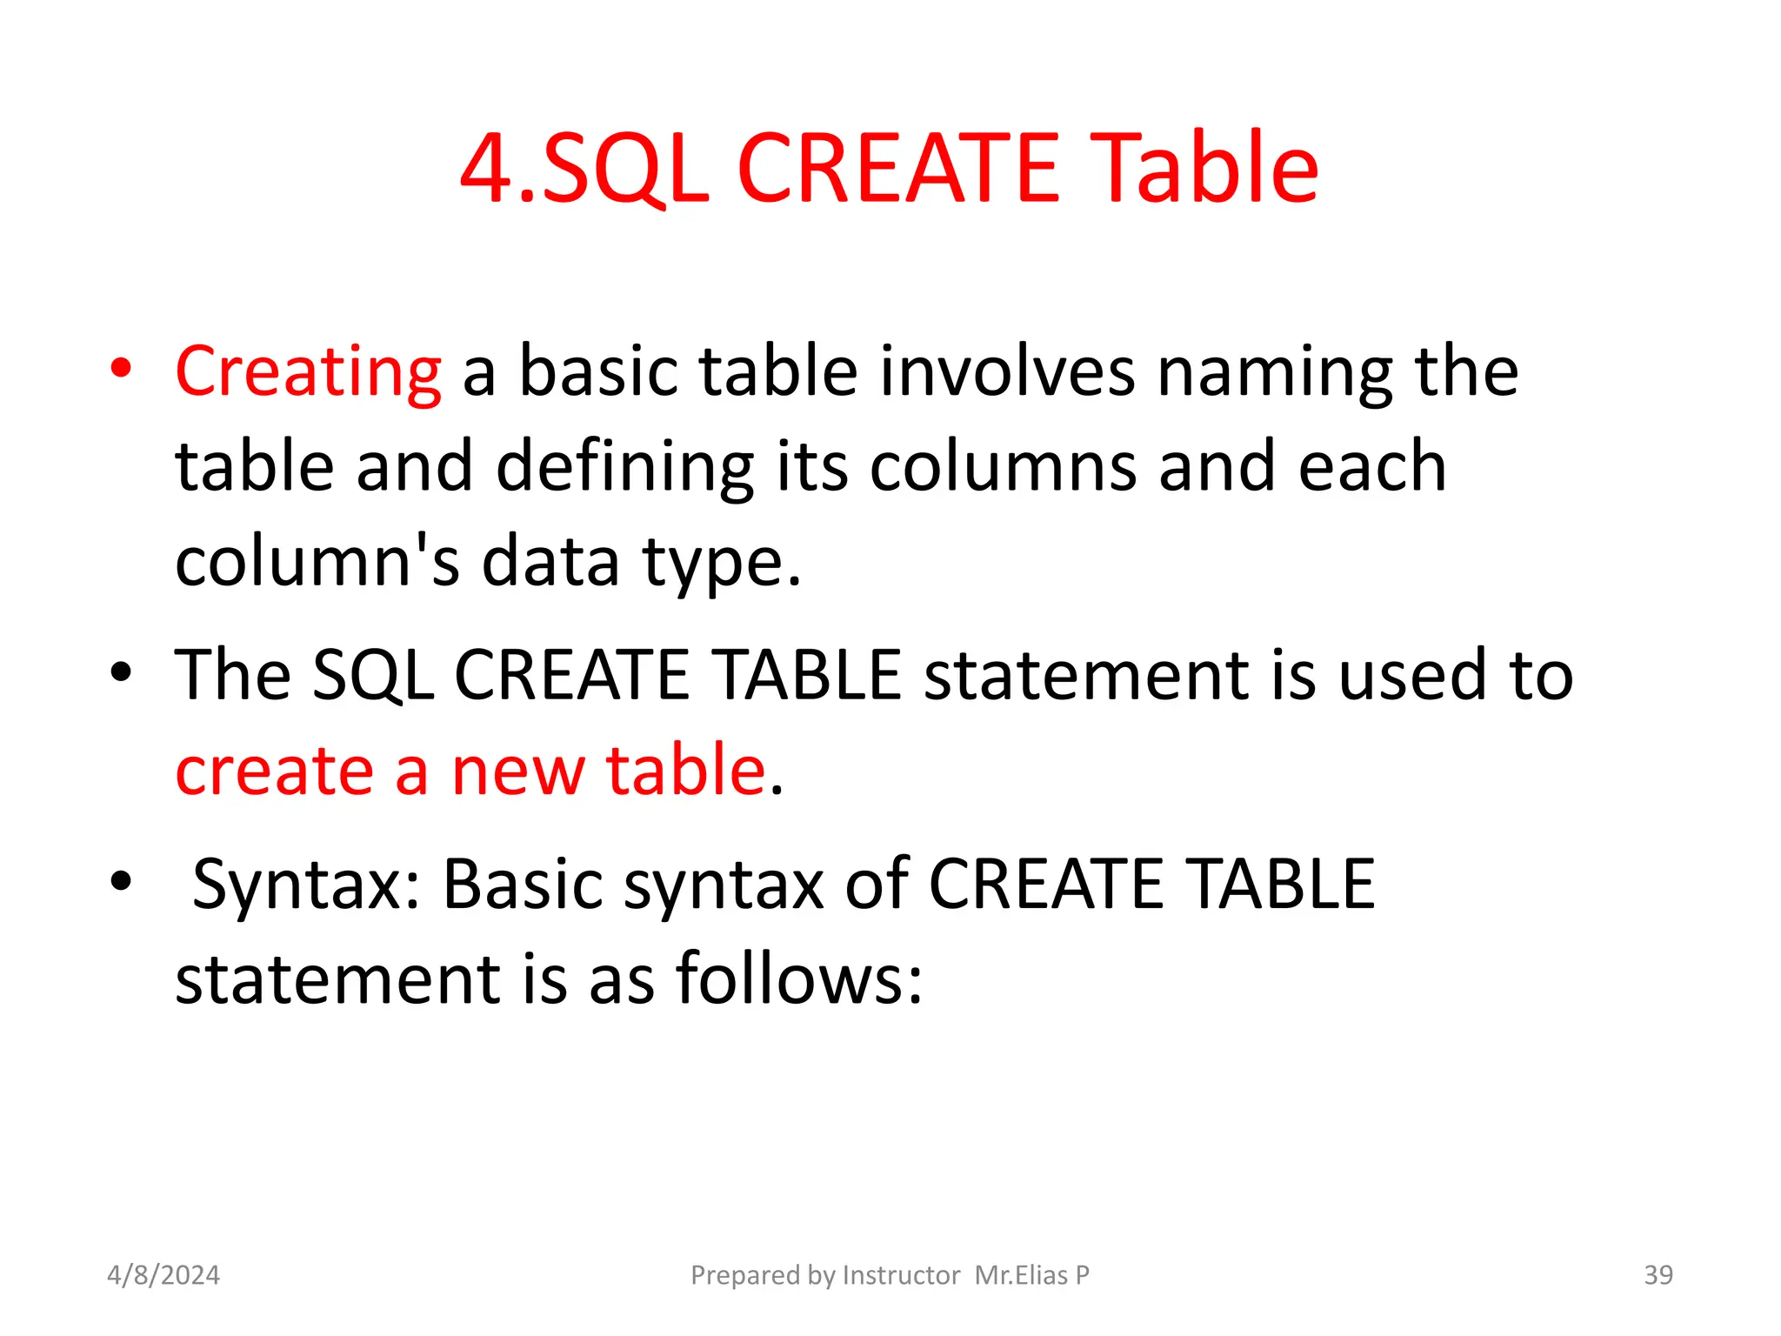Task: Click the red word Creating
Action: coord(308,372)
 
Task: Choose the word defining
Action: coord(624,467)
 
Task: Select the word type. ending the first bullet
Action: coord(721,564)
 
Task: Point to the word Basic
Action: coord(523,884)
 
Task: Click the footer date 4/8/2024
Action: coord(163,1275)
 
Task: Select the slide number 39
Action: coord(1658,1275)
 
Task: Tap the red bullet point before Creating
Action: coord(121,368)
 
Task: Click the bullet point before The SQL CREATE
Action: coord(121,671)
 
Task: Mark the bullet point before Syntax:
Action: coord(121,880)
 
